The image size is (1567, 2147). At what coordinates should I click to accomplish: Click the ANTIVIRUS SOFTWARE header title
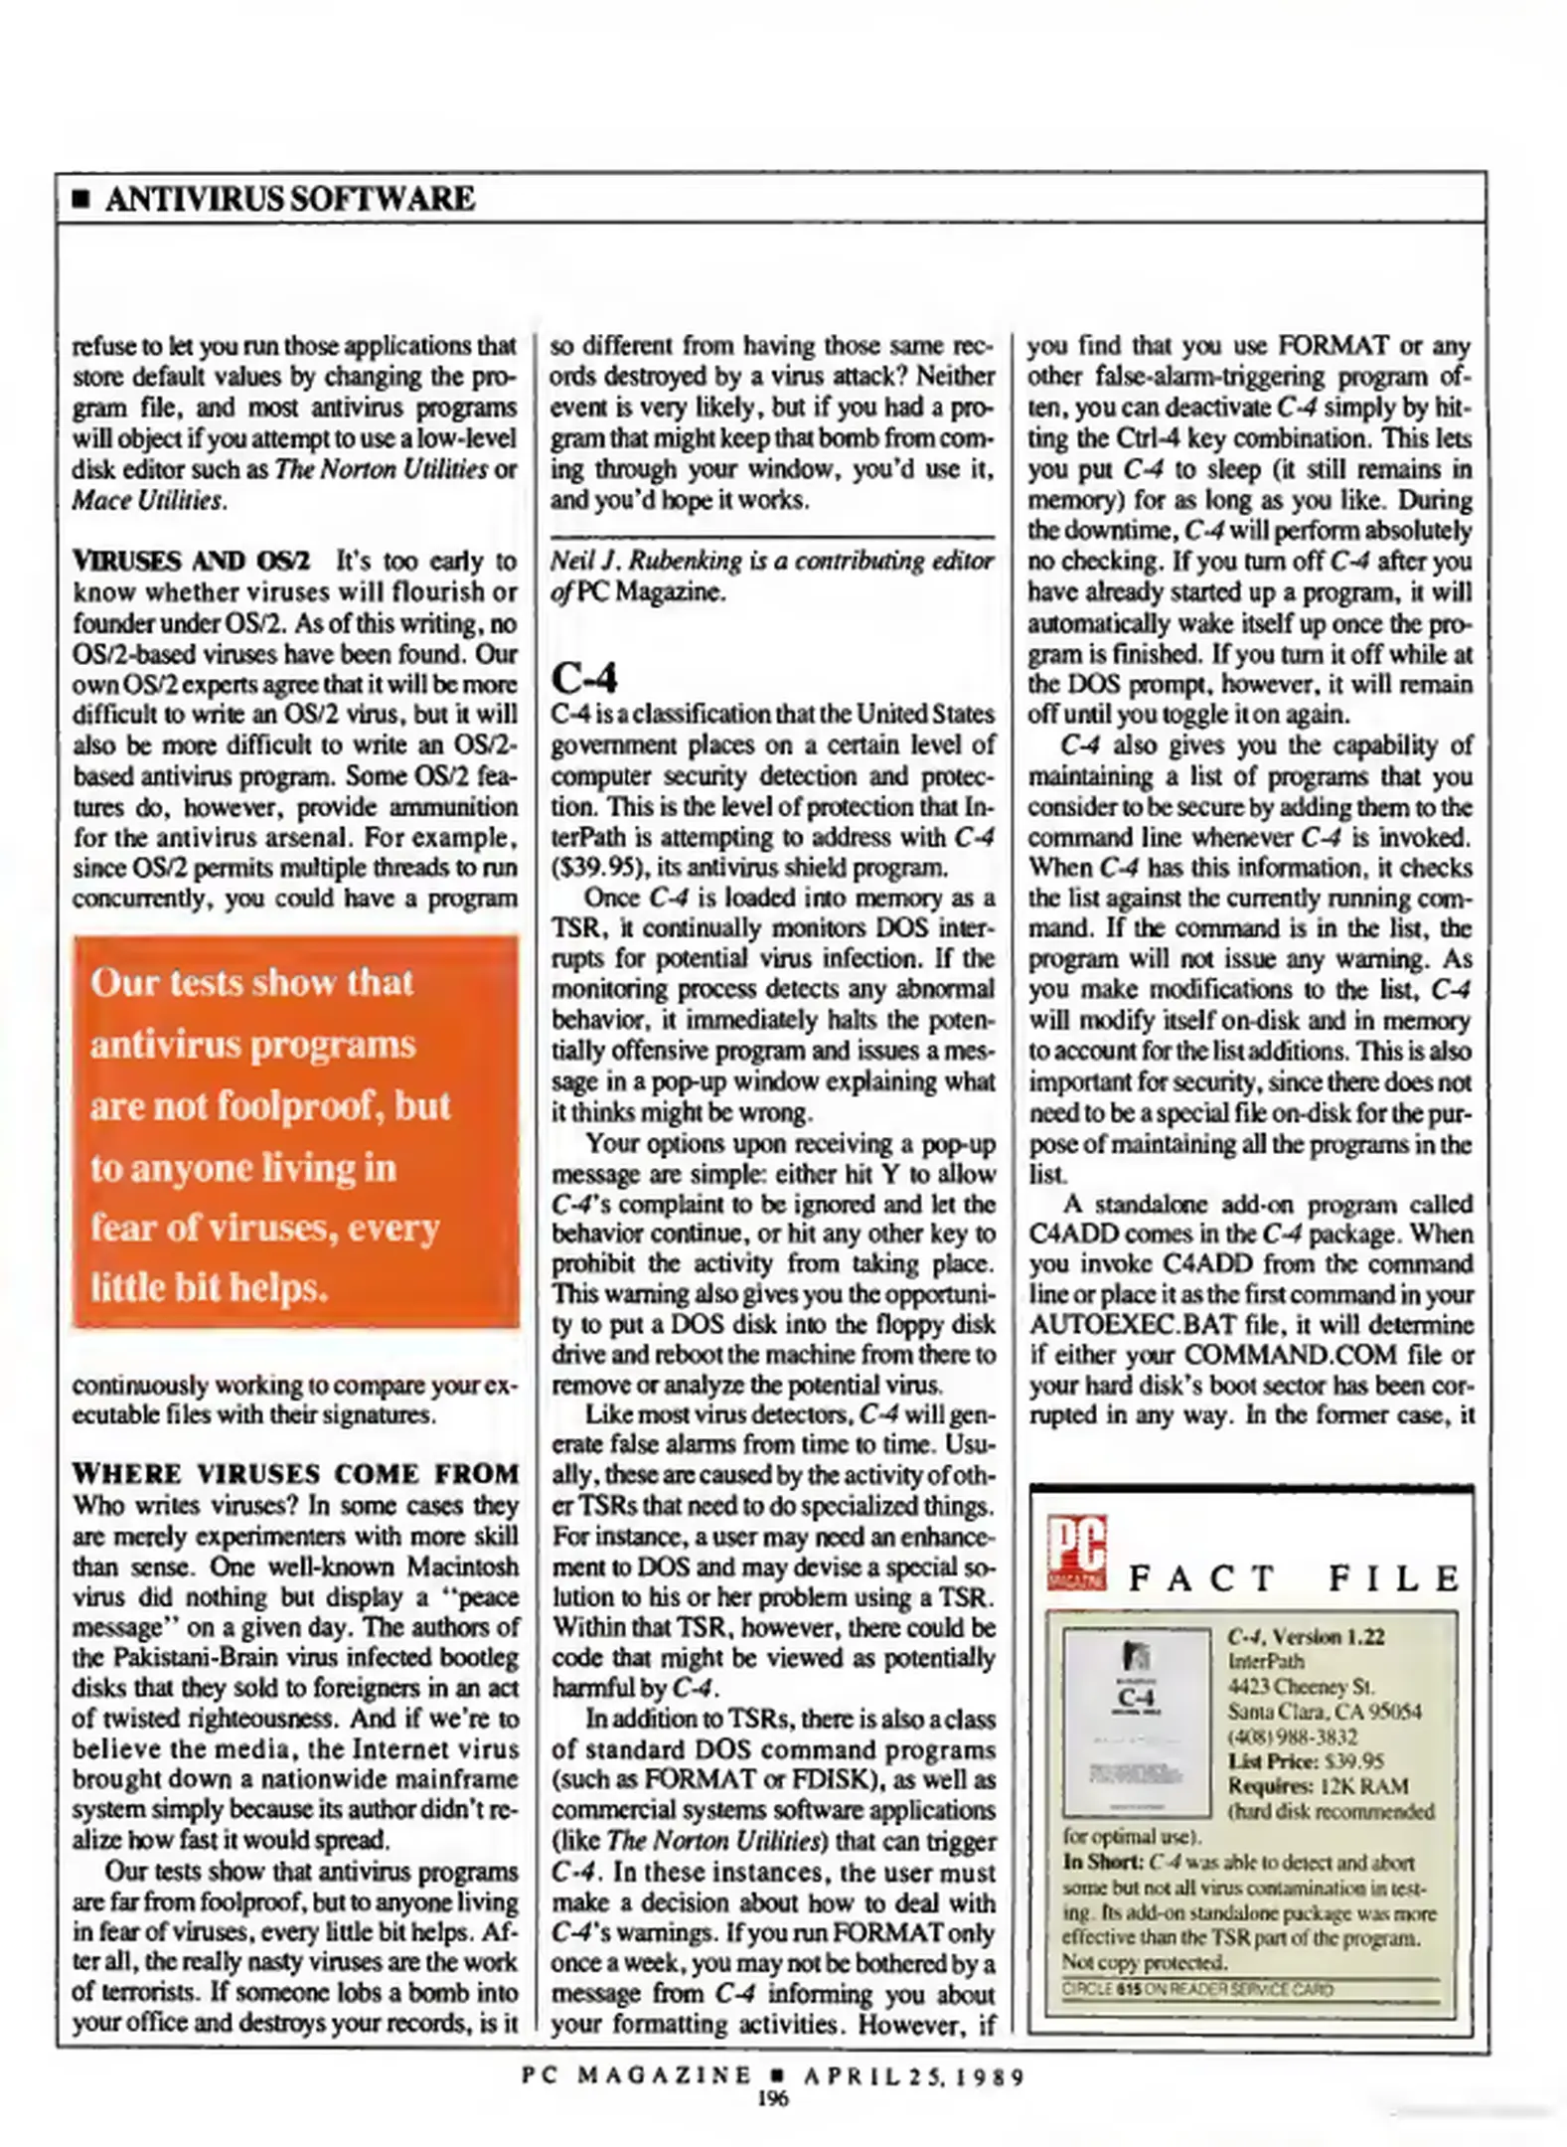point(289,199)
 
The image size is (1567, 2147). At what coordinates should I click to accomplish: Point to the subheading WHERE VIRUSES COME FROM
point(295,1473)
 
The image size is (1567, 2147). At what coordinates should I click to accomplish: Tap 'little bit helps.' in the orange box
point(209,1287)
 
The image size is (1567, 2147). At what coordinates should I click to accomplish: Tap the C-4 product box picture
point(1136,1722)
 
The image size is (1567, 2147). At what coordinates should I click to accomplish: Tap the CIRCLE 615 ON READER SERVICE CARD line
point(1196,1989)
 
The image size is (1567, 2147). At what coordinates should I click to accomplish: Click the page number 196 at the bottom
point(772,2098)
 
